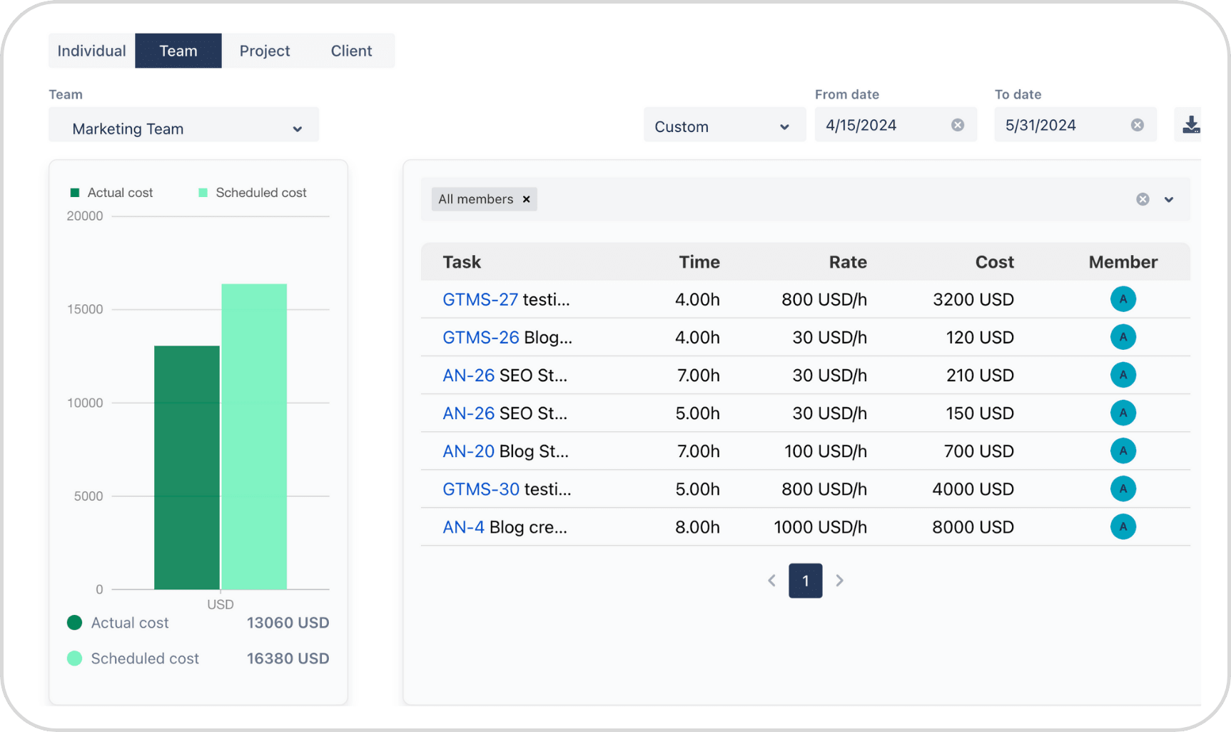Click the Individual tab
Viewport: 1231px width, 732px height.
91,51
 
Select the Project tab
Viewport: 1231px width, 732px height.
265,51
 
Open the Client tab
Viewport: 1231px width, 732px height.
351,51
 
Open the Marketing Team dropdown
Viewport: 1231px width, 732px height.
184,129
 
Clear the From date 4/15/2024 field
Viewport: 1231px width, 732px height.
958,125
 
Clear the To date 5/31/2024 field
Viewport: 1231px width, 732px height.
1138,125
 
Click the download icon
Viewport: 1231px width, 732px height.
1190,125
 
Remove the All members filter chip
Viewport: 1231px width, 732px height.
527,199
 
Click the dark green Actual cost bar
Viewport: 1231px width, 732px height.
187,468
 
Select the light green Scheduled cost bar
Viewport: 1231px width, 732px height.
254,436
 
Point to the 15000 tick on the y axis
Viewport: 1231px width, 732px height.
85,309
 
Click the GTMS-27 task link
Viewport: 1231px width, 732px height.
480,299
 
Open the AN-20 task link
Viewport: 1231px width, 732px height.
468,451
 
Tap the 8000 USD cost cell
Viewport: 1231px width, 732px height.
973,527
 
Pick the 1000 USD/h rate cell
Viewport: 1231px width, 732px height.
820,527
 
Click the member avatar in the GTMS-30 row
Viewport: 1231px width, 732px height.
1123,489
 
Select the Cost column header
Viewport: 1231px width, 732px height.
994,262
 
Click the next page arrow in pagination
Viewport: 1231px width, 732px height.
840,581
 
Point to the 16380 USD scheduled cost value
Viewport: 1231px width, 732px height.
288,658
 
